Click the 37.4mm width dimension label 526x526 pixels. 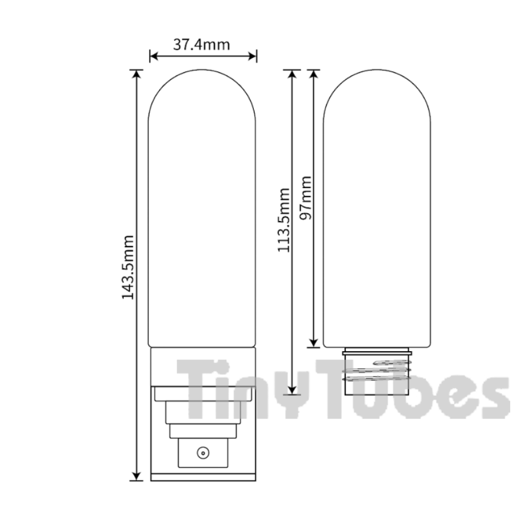(x=202, y=45)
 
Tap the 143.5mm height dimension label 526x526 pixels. (x=128, y=267)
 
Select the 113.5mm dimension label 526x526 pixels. (x=284, y=220)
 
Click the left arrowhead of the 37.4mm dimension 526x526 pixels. (x=154, y=56)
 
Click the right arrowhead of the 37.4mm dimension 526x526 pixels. (x=252, y=56)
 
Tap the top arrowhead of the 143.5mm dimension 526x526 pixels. (x=136, y=74)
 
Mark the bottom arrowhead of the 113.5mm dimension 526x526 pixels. (x=292, y=391)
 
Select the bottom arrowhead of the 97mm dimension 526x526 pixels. (x=314, y=343)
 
